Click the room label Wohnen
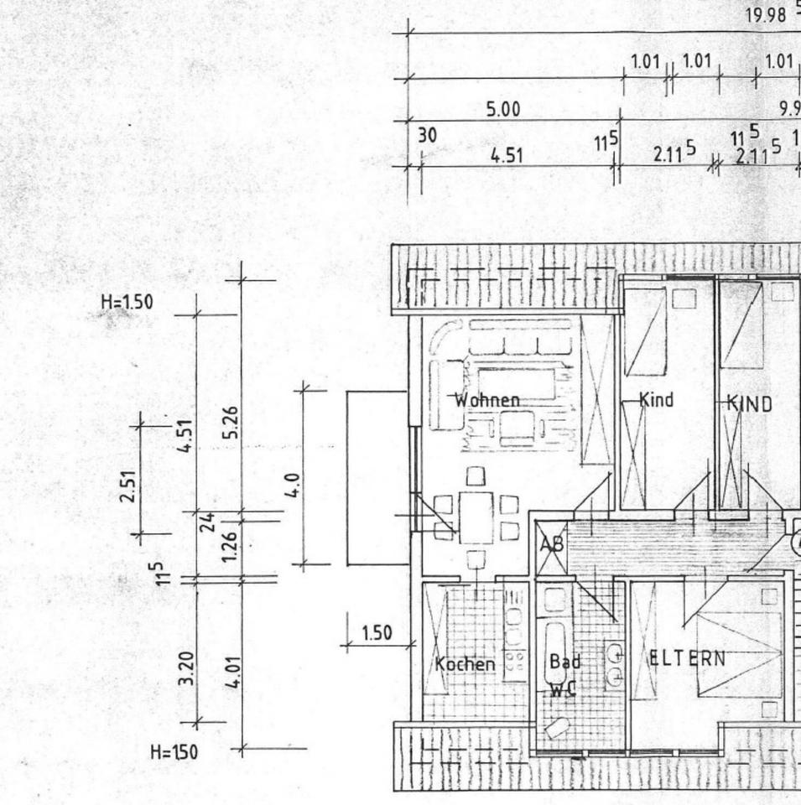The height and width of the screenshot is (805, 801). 486,400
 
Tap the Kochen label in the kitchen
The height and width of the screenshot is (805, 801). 465,664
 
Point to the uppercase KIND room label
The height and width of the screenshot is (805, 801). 749,404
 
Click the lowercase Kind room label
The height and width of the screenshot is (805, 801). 656,400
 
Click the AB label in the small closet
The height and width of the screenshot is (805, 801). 552,543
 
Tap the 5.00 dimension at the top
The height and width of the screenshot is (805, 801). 503,110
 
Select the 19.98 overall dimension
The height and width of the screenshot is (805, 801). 764,14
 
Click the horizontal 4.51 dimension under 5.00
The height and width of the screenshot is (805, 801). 507,155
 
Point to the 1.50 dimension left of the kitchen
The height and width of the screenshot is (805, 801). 377,633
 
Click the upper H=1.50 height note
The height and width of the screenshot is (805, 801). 127,302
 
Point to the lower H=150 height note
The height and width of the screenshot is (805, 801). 174,752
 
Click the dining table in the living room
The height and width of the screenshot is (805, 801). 476,517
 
